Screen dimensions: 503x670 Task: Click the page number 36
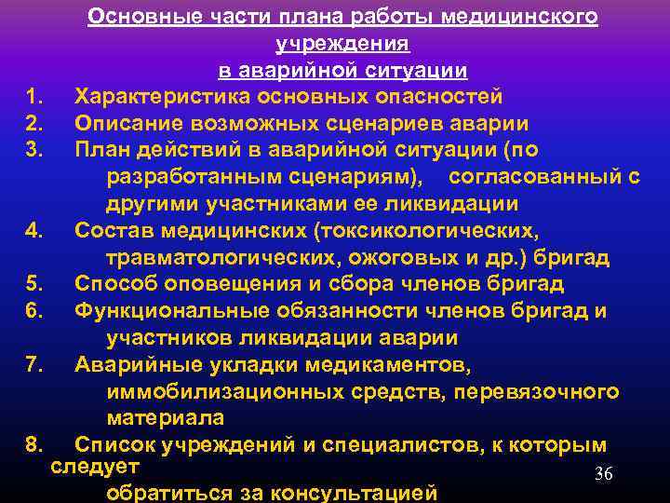coord(604,475)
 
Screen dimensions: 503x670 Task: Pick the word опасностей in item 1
coord(443,97)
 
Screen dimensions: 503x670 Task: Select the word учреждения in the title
coord(342,44)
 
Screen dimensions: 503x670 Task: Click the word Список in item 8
coord(114,445)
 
